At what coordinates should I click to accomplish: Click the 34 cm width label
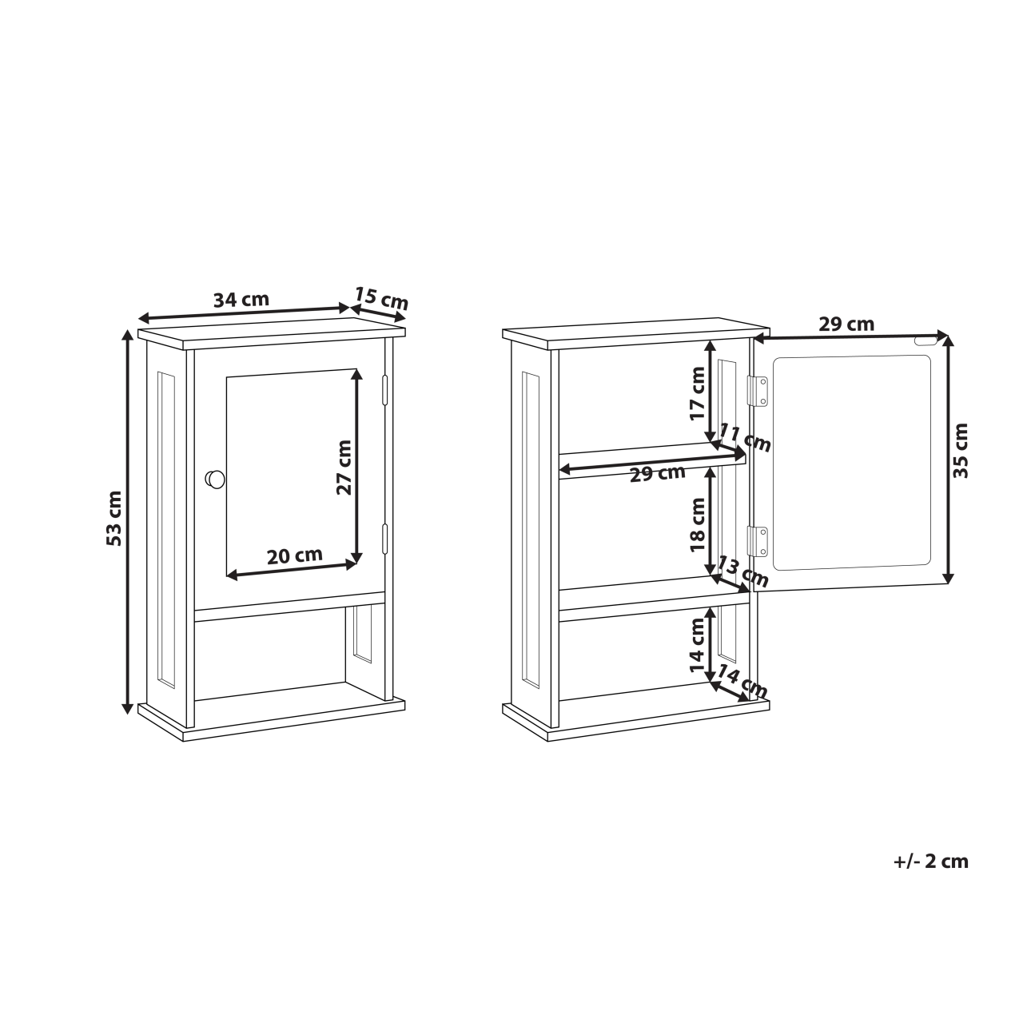(x=241, y=301)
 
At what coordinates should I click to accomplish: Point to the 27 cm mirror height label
(x=344, y=468)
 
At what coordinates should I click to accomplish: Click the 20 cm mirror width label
(x=294, y=556)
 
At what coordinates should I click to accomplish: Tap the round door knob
(x=215, y=480)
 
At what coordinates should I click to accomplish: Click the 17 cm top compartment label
(x=698, y=393)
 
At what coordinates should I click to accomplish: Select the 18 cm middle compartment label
(x=698, y=524)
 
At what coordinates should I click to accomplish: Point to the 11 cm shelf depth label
(x=745, y=438)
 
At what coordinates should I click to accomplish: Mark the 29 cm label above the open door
(x=846, y=324)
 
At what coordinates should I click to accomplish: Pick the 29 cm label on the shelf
(x=657, y=473)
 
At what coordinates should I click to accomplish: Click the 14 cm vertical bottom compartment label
(x=698, y=646)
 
